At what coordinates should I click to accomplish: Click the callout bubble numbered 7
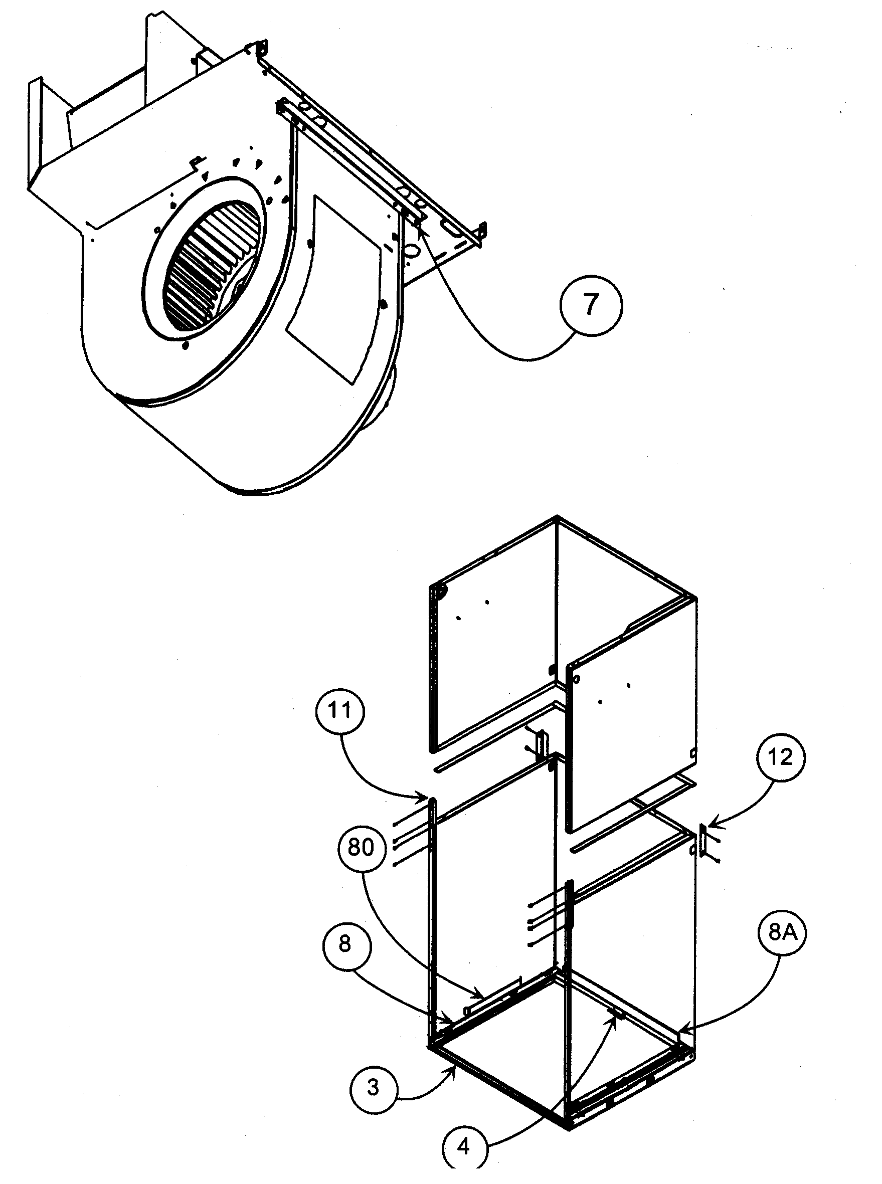(591, 305)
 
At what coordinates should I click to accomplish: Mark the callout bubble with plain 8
(345, 944)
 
